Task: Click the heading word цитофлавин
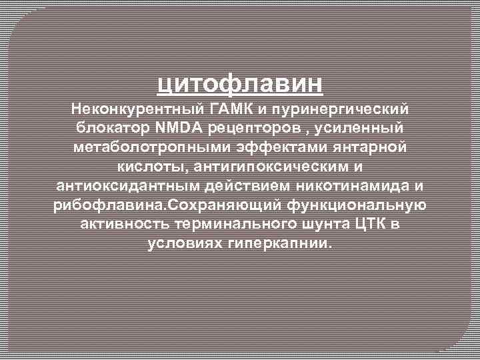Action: (x=240, y=85)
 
